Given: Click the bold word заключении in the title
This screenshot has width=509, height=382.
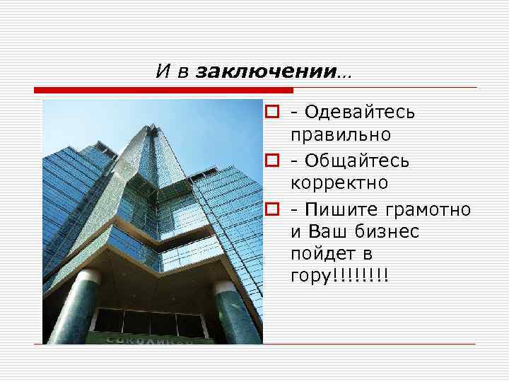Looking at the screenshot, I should click(x=267, y=71).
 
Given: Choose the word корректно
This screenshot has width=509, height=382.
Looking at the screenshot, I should click(x=339, y=183).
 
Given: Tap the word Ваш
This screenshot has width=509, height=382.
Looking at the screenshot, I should click(x=326, y=231).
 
